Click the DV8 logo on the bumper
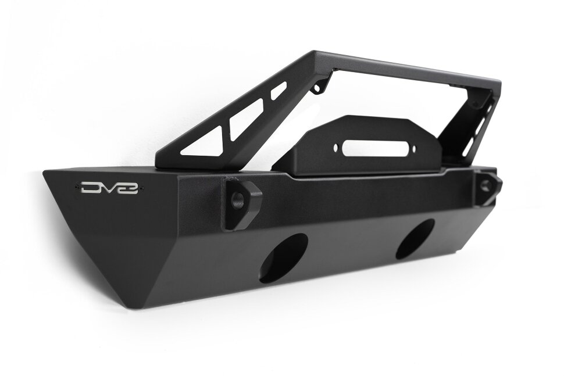coord(109,188)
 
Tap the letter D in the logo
coord(90,188)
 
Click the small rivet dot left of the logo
coord(77,187)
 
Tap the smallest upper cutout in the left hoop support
coord(279,90)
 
